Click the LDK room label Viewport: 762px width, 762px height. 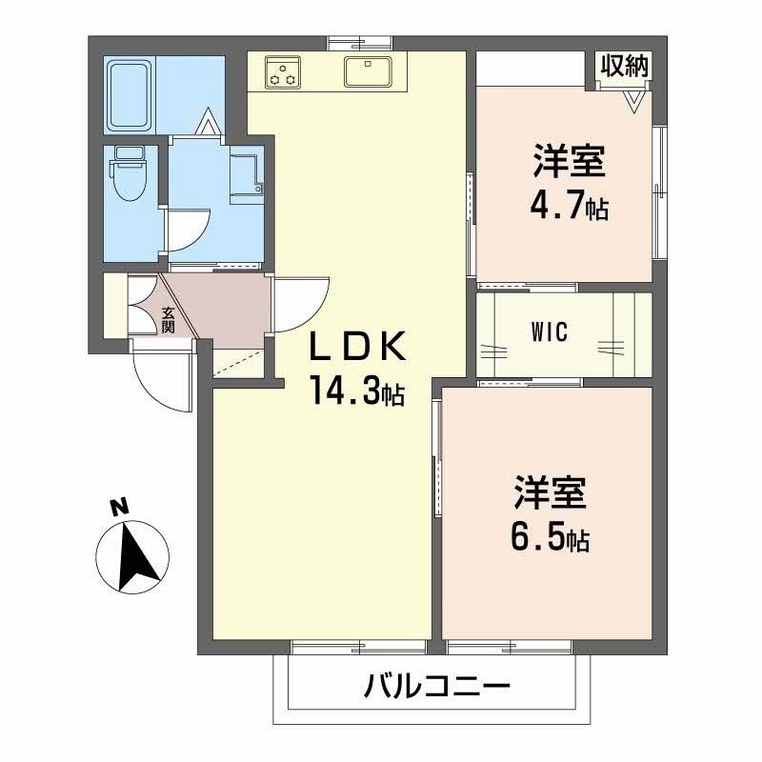358,346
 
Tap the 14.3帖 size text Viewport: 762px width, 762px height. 358,391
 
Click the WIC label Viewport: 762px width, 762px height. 550,332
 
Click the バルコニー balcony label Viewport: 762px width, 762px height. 437,686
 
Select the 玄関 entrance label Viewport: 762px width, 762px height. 168,320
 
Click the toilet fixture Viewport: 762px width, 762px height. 130,173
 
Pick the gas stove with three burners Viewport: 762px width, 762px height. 282,72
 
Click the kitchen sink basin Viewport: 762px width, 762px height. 368,71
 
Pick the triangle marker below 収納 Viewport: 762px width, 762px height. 634,102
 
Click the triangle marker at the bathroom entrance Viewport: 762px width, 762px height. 209,121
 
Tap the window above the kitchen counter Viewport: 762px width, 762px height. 360,44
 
